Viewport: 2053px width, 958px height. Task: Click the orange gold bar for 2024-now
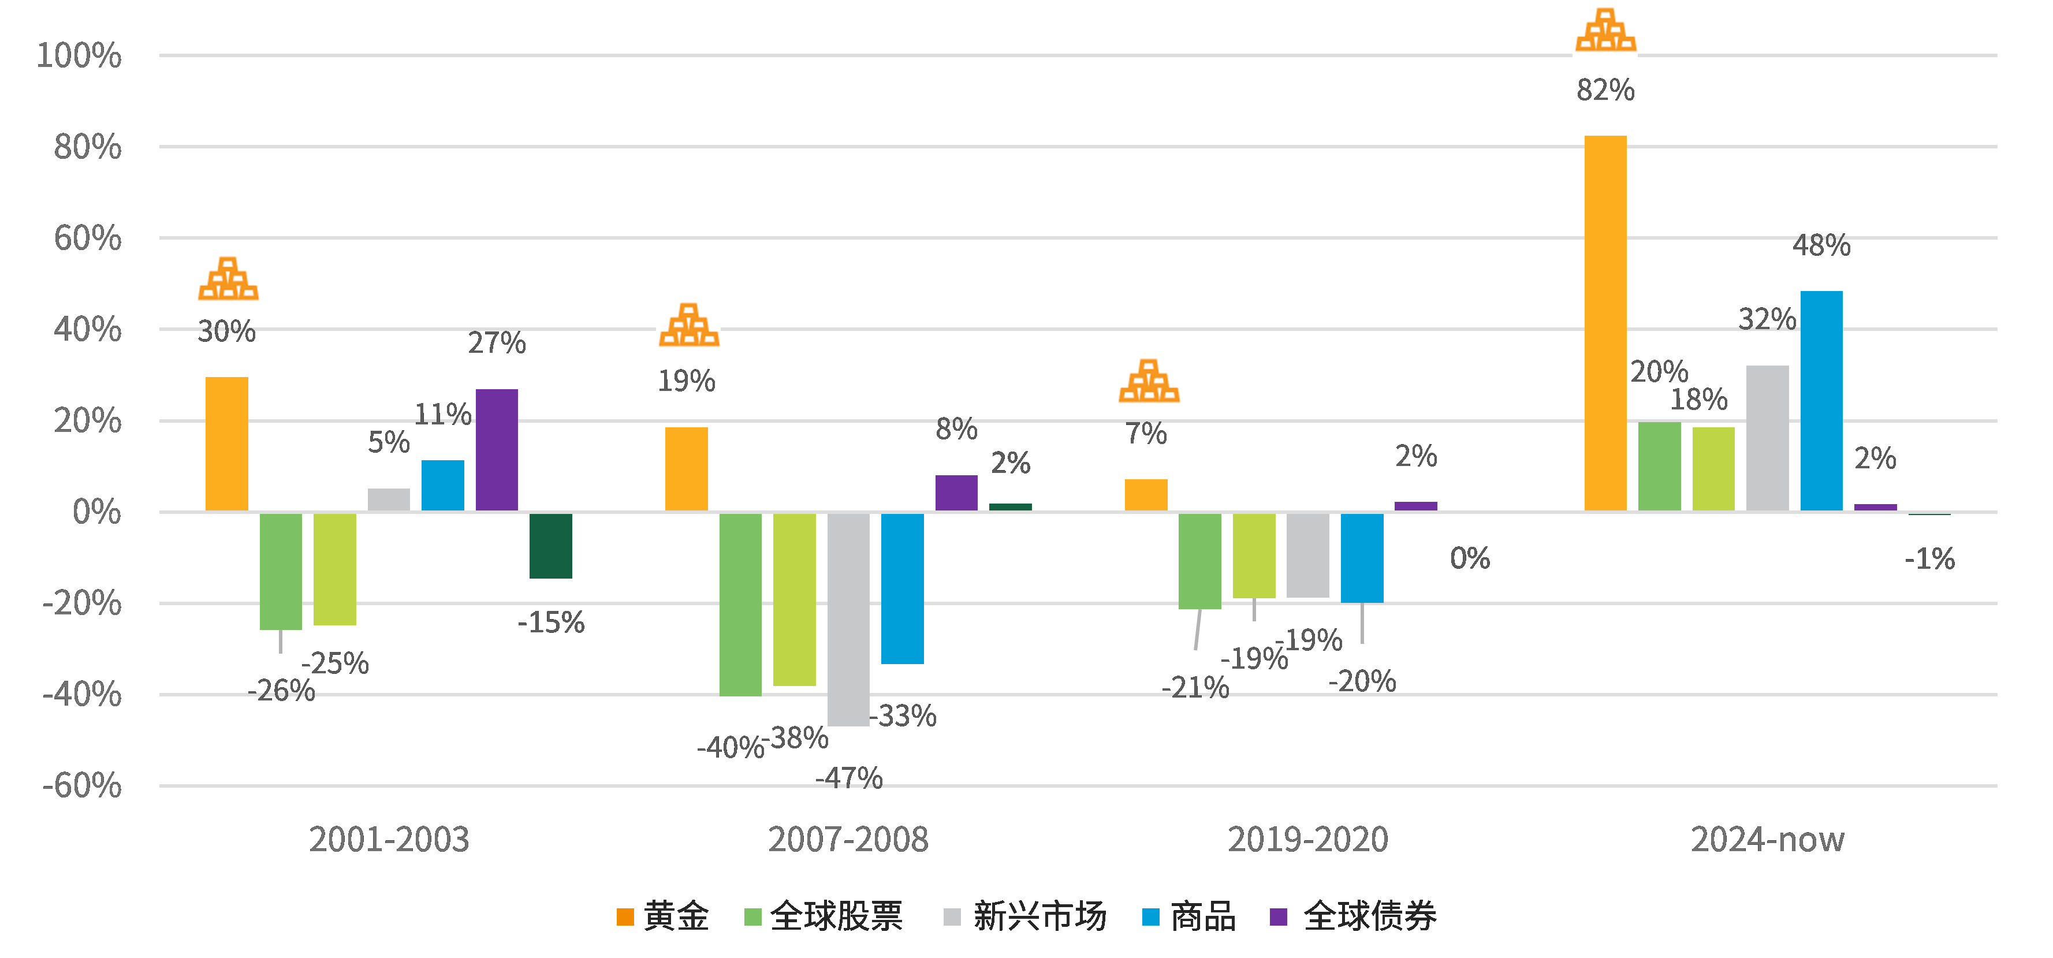[x=1605, y=323]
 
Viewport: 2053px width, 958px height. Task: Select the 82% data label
[x=1605, y=90]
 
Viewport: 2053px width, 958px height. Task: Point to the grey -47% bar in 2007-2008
[x=848, y=619]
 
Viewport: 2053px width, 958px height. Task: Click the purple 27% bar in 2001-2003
[x=497, y=449]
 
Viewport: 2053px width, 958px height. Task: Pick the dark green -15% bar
[x=551, y=545]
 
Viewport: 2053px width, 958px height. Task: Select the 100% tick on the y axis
[x=79, y=56]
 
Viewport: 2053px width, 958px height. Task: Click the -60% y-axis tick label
[x=82, y=786]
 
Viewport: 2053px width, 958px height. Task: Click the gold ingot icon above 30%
[x=229, y=279]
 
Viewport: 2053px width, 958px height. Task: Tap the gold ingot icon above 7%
[x=1149, y=381]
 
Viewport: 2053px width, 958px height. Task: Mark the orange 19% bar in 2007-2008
[x=686, y=469]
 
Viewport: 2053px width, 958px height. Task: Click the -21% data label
[x=1195, y=687]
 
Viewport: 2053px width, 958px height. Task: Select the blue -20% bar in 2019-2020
[x=1361, y=557]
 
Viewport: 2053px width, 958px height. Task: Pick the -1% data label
[x=1929, y=559]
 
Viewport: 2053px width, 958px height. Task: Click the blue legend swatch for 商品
[x=1150, y=916]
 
